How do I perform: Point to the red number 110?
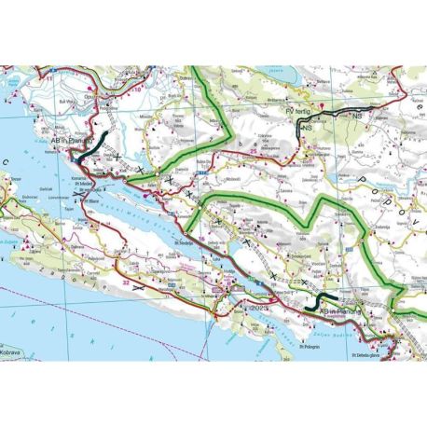point(142,90)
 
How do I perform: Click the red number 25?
point(255,148)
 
